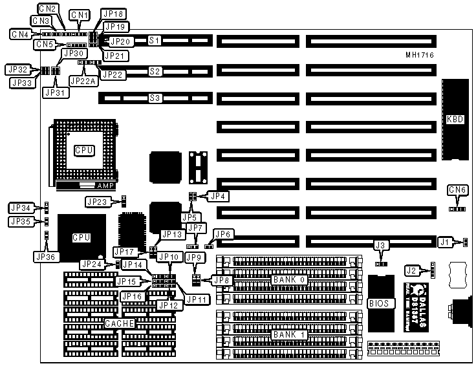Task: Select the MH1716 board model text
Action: (419, 56)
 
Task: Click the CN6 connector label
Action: (458, 189)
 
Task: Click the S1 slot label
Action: (155, 41)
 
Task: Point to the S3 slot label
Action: (155, 98)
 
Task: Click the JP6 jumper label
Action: (222, 234)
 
